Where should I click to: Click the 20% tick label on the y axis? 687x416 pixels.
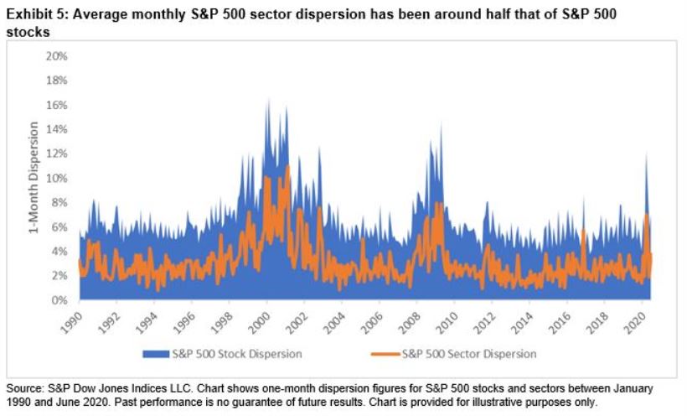(55, 56)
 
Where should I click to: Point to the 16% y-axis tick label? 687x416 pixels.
(55, 105)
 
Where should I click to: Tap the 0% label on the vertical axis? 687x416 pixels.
(58, 300)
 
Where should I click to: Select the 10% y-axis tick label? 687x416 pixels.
(55, 178)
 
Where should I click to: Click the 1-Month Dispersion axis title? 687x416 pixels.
(34, 179)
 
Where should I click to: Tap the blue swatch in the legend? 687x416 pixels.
(162, 354)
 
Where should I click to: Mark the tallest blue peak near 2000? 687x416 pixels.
(267, 101)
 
